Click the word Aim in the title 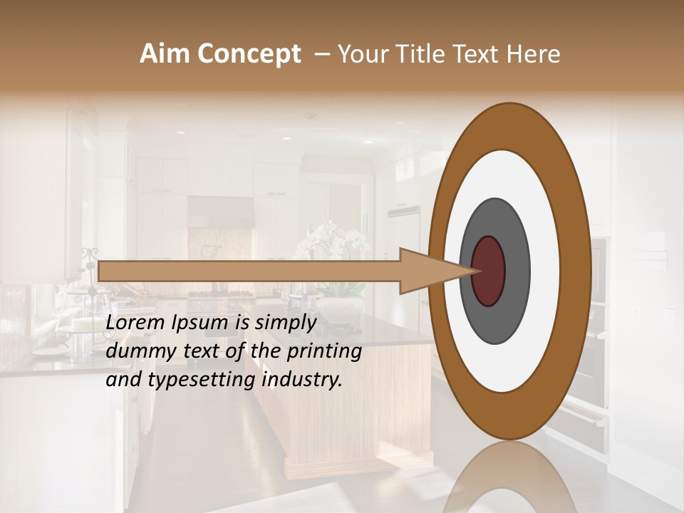pos(165,54)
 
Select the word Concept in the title pos(249,54)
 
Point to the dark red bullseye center pos(489,271)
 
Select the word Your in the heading pos(361,54)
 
